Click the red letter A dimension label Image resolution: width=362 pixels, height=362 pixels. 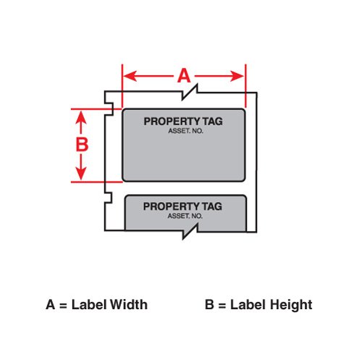[184, 75]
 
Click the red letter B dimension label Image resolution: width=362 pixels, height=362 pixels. [82, 144]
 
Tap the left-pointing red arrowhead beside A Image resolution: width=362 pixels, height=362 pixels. [130, 76]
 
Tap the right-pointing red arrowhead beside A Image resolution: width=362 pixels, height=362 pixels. [237, 76]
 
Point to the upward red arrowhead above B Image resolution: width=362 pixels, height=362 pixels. [81, 118]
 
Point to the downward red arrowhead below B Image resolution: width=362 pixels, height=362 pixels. [81, 173]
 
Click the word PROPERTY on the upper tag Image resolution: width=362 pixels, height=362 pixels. [172, 122]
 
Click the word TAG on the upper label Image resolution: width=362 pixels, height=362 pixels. [213, 122]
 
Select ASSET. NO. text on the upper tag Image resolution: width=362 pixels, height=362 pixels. [185, 131]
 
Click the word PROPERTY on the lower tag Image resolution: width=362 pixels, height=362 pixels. [172, 206]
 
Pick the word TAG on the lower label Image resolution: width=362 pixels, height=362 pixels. [212, 206]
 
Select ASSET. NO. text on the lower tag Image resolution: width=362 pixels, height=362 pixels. [185, 216]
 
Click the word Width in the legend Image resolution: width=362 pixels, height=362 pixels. [129, 305]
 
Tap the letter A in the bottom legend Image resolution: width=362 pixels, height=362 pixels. [50, 305]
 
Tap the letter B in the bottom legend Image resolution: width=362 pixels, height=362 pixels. [209, 305]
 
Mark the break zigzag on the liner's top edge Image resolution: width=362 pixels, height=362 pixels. [190, 92]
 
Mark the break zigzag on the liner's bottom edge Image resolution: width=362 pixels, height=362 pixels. [190, 231]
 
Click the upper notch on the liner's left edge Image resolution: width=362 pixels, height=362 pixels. [109, 109]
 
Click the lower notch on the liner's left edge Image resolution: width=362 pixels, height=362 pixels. [109, 198]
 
